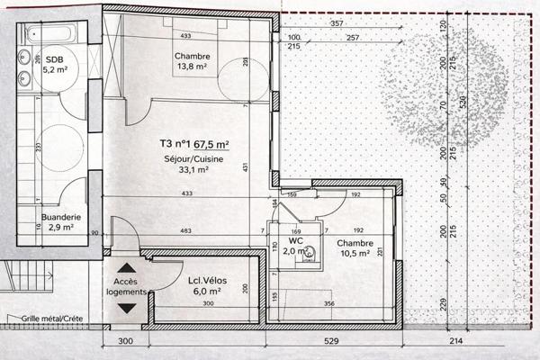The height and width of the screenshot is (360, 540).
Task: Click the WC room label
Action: click(294, 240)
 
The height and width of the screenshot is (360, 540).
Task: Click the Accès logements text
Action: click(126, 286)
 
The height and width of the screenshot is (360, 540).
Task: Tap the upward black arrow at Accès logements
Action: click(126, 267)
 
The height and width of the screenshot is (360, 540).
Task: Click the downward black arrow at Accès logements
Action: click(126, 308)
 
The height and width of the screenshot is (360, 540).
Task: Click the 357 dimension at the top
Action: click(337, 23)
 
